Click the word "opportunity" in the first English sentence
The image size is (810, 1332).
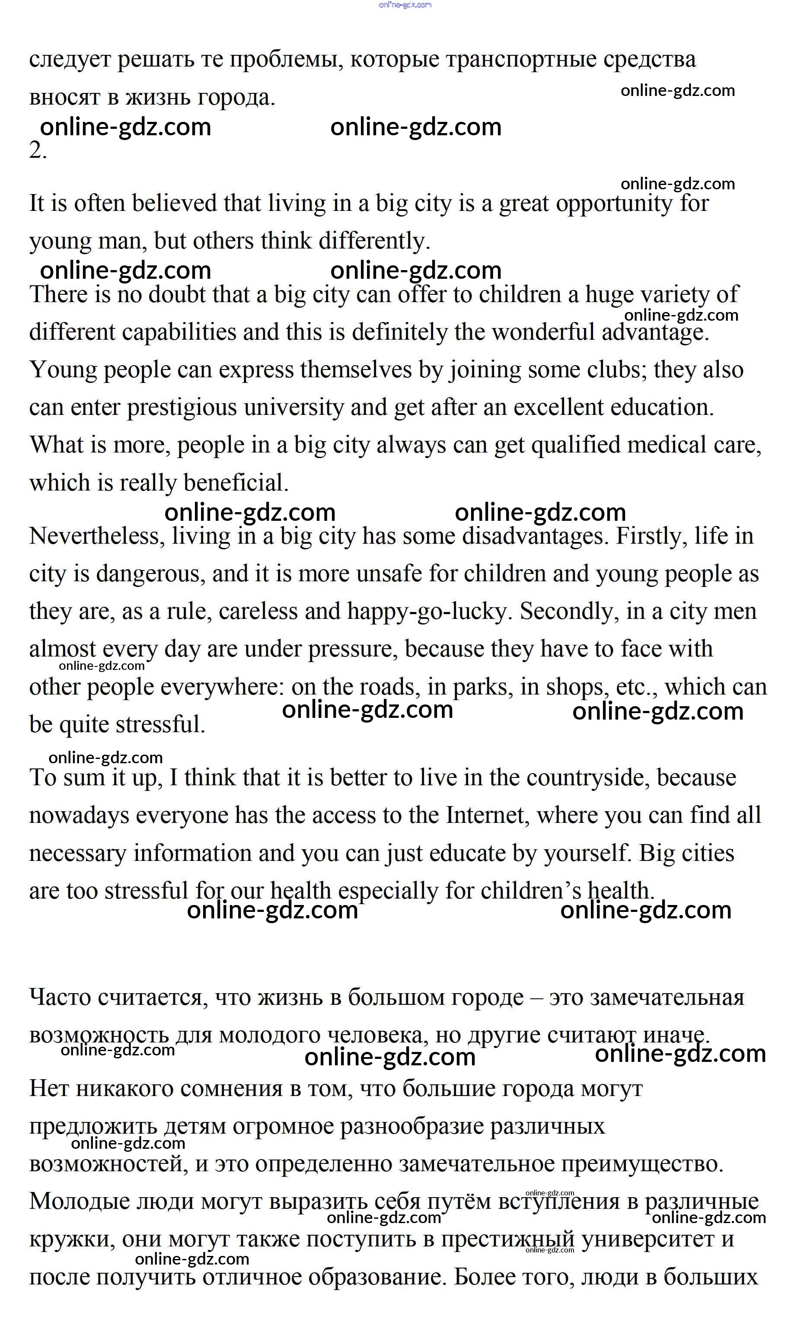click(613, 204)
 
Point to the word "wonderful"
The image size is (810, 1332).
click(543, 332)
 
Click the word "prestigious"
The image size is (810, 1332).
click(182, 408)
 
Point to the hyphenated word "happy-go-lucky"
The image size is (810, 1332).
click(429, 612)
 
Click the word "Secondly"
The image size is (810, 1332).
click(569, 612)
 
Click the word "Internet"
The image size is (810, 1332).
click(487, 815)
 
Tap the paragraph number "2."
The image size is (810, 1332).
click(38, 151)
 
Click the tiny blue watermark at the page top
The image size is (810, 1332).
click(405, 5)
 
